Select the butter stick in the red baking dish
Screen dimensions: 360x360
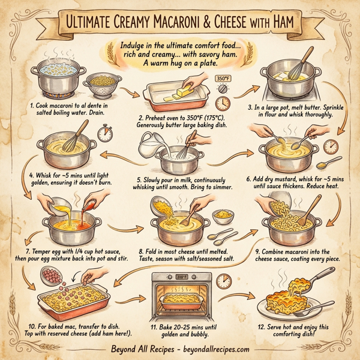pos(172,93)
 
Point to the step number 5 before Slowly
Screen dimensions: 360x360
pos(139,178)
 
